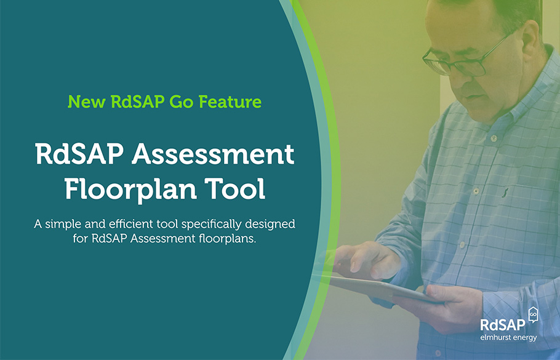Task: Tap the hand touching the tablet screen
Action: (x=363, y=257)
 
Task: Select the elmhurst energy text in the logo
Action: (x=509, y=337)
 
